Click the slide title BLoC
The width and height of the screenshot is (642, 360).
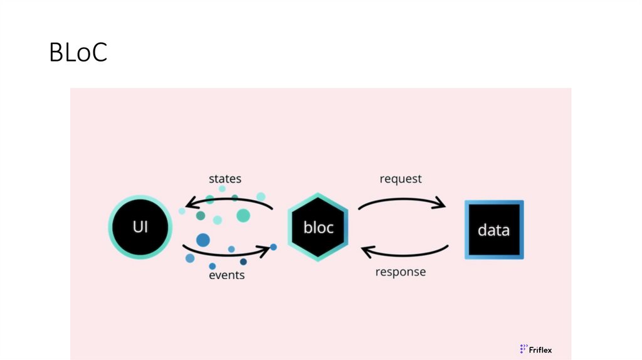pyautogui.click(x=78, y=53)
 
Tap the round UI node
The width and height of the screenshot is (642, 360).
pyautogui.click(x=140, y=226)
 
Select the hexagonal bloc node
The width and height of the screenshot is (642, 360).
pyautogui.click(x=318, y=226)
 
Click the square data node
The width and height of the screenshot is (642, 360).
pyautogui.click(x=493, y=230)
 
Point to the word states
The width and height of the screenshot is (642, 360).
pyautogui.click(x=225, y=179)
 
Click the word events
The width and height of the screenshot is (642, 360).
pyautogui.click(x=226, y=275)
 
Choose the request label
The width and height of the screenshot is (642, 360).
pyautogui.click(x=401, y=179)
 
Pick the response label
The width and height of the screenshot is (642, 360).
pyautogui.click(x=400, y=272)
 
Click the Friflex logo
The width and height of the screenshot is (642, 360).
pyautogui.click(x=536, y=349)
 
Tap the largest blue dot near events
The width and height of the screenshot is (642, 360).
pyautogui.click(x=203, y=240)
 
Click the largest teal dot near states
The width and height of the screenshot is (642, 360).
pyautogui.click(x=243, y=216)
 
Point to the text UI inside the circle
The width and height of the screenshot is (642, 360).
pyautogui.click(x=140, y=226)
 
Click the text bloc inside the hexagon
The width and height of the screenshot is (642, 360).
pyautogui.click(x=318, y=227)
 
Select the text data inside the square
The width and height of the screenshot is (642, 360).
pyautogui.click(x=493, y=230)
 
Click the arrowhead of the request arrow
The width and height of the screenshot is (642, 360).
pyautogui.click(x=441, y=204)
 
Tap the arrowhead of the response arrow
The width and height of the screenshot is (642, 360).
pyautogui.click(x=366, y=251)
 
